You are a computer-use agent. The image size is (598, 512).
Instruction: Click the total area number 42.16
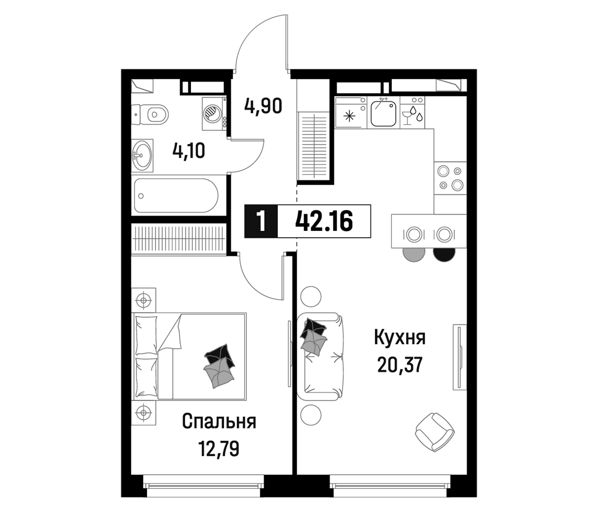[324, 221]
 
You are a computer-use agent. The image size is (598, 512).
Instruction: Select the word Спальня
[219, 422]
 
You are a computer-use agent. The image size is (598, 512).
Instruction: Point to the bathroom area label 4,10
[189, 151]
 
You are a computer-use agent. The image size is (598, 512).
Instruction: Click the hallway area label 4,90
[263, 106]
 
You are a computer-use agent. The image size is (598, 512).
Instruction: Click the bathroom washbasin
[143, 156]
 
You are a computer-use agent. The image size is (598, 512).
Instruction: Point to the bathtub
[176, 195]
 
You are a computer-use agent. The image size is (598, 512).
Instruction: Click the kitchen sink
[383, 113]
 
